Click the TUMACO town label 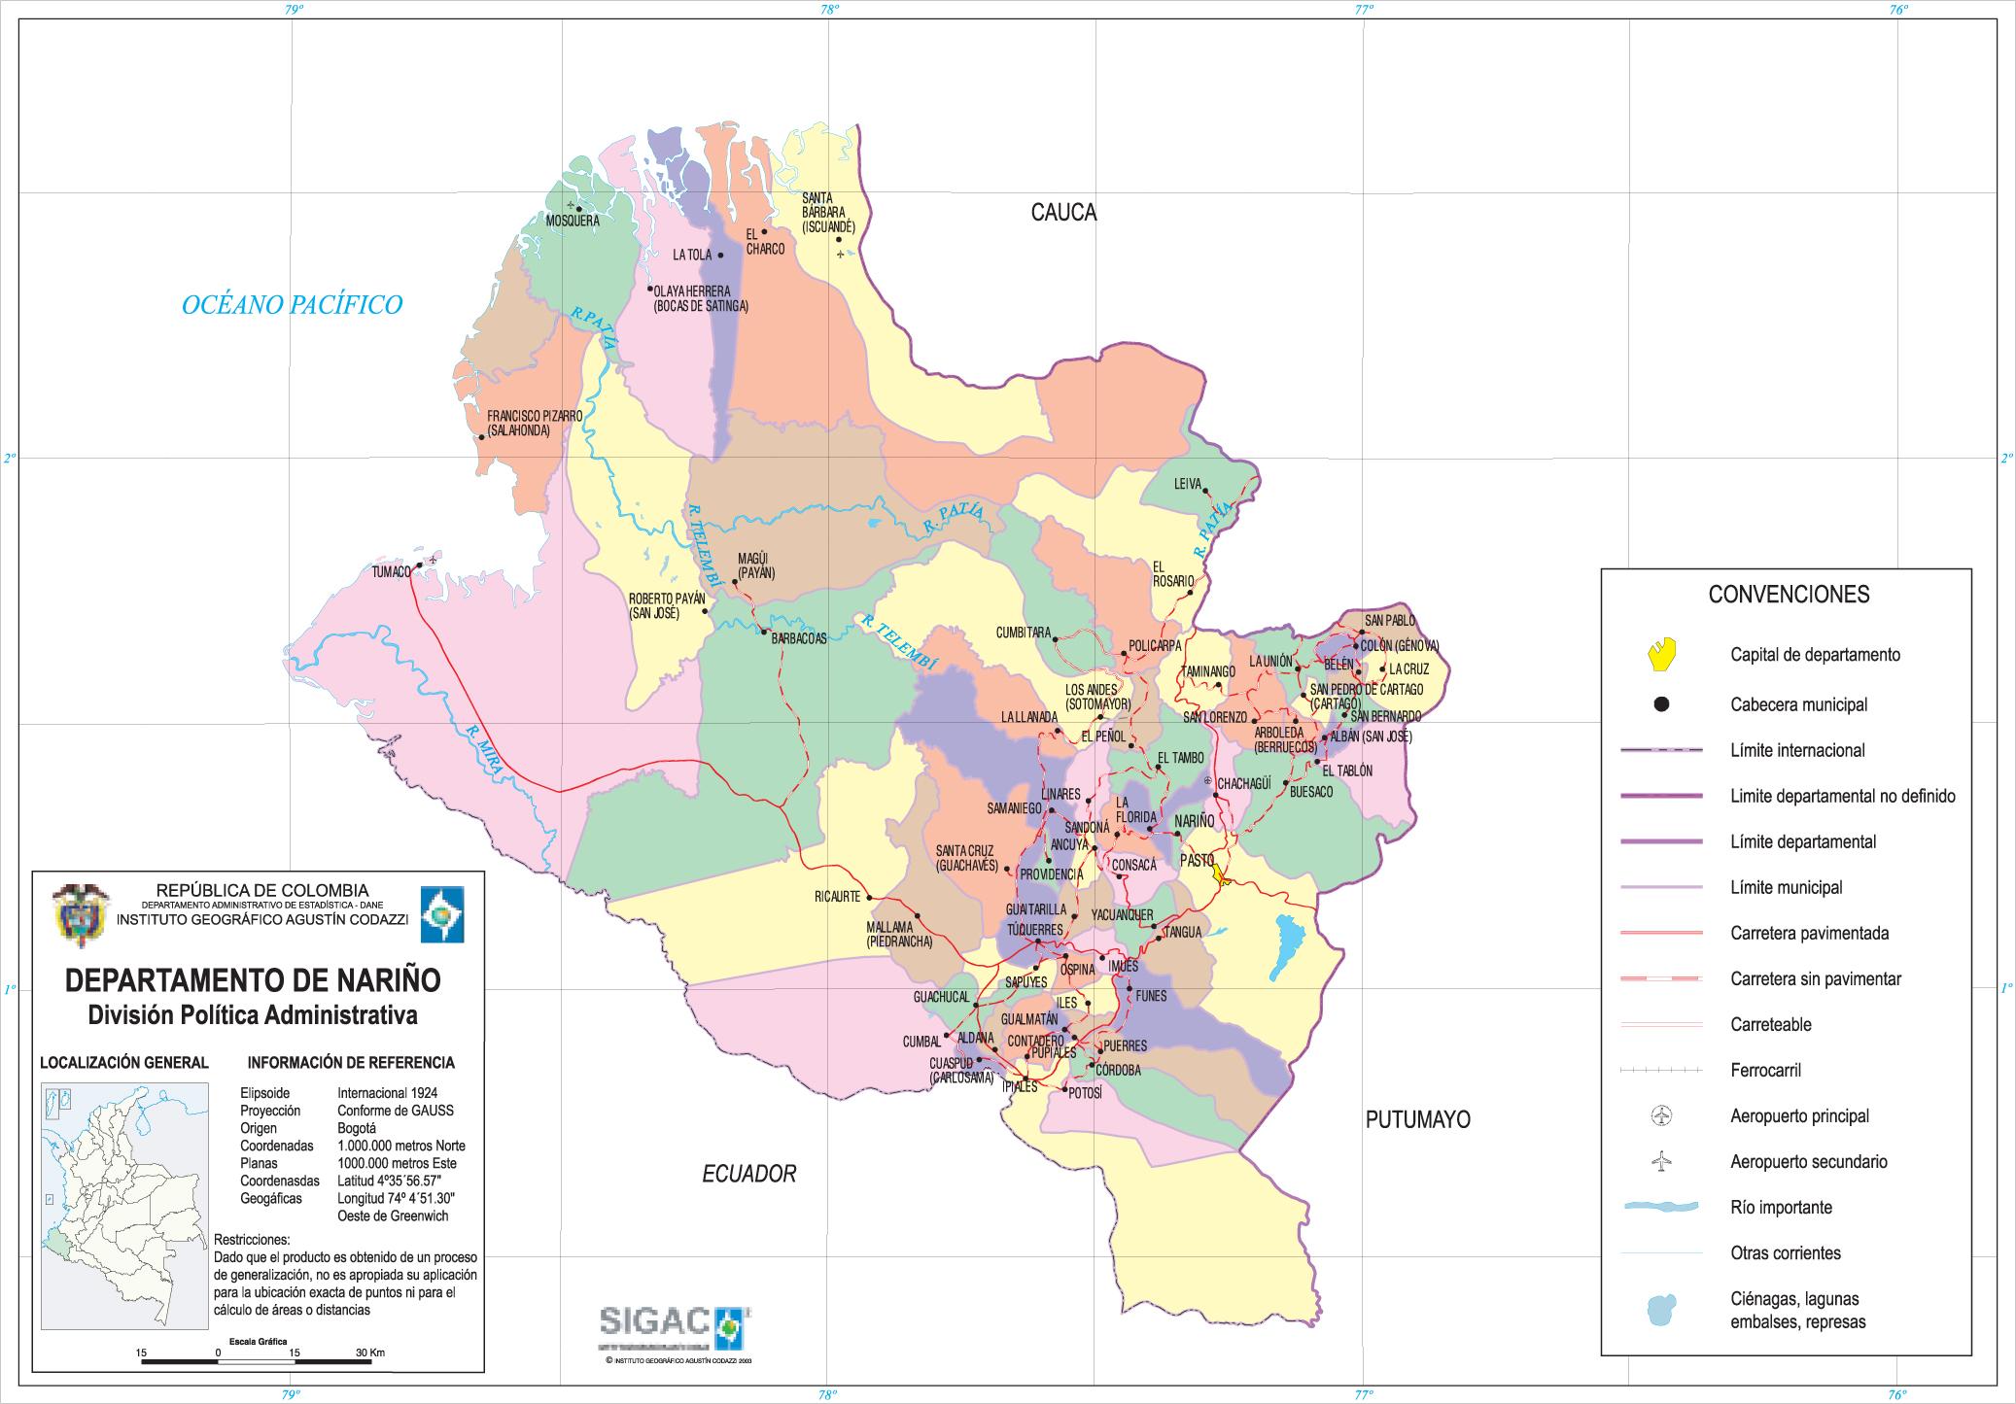click(x=392, y=573)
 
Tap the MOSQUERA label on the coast click(x=573, y=221)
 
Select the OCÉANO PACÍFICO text click(x=292, y=305)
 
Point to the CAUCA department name click(x=1063, y=213)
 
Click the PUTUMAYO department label click(x=1417, y=1119)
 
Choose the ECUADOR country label click(x=748, y=1174)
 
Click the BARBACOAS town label click(x=799, y=638)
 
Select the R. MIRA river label click(x=484, y=750)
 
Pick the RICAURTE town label click(x=838, y=897)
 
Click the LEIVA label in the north click(x=1188, y=484)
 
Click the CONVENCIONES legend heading click(x=1789, y=594)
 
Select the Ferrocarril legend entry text click(x=1765, y=1070)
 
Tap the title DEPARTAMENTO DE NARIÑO click(x=253, y=979)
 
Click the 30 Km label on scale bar click(x=369, y=1353)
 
